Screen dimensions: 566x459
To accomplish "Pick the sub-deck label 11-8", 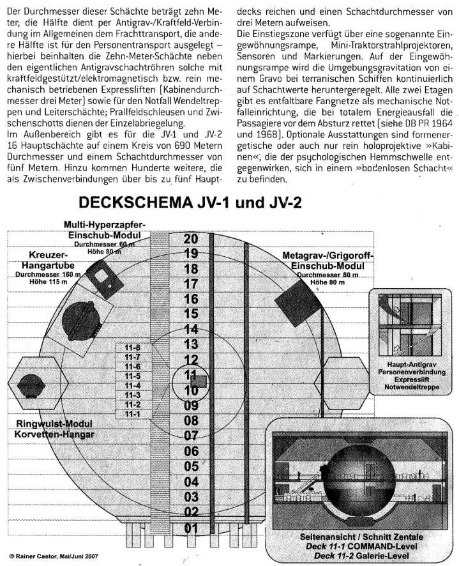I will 133,348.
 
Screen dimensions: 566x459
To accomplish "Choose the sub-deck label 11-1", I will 133,414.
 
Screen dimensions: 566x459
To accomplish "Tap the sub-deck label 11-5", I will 133,376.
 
